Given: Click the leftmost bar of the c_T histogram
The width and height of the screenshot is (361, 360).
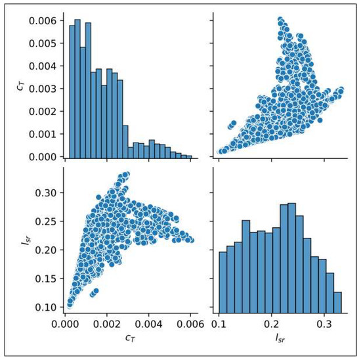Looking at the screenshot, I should [72, 92].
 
